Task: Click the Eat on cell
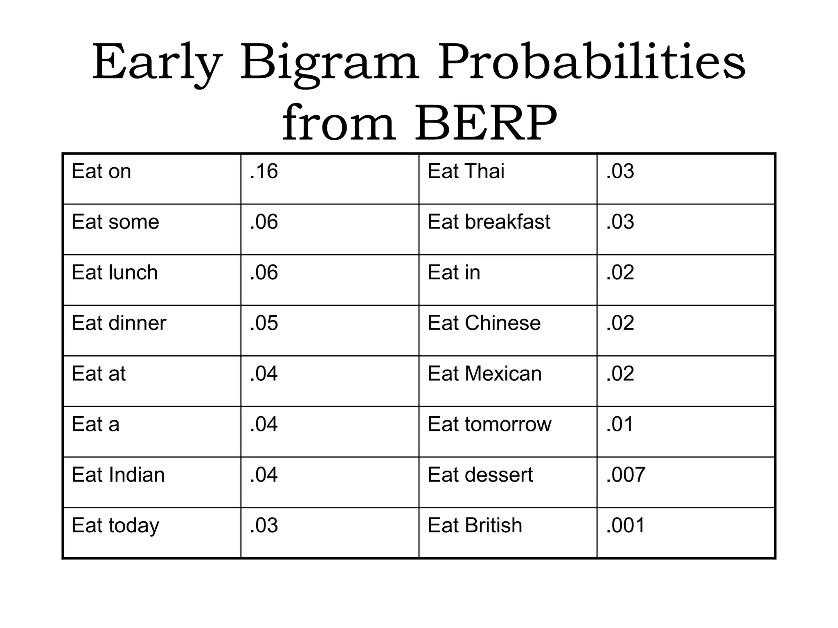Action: (101, 171)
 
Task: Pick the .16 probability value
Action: (264, 171)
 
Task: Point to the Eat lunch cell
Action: (115, 272)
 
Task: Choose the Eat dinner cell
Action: (119, 323)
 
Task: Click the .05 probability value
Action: (264, 323)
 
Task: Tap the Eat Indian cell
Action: (118, 475)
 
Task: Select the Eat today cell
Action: (115, 526)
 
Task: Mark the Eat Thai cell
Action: (466, 171)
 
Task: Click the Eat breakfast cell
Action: (489, 222)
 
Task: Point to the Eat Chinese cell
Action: (484, 323)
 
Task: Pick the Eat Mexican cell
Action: (484, 374)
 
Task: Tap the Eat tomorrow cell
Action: (489, 424)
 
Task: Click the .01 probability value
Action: (619, 424)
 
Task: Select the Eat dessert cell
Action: (480, 475)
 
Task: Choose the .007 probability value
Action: (626, 475)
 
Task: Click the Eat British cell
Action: (475, 525)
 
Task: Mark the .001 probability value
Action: (625, 525)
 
